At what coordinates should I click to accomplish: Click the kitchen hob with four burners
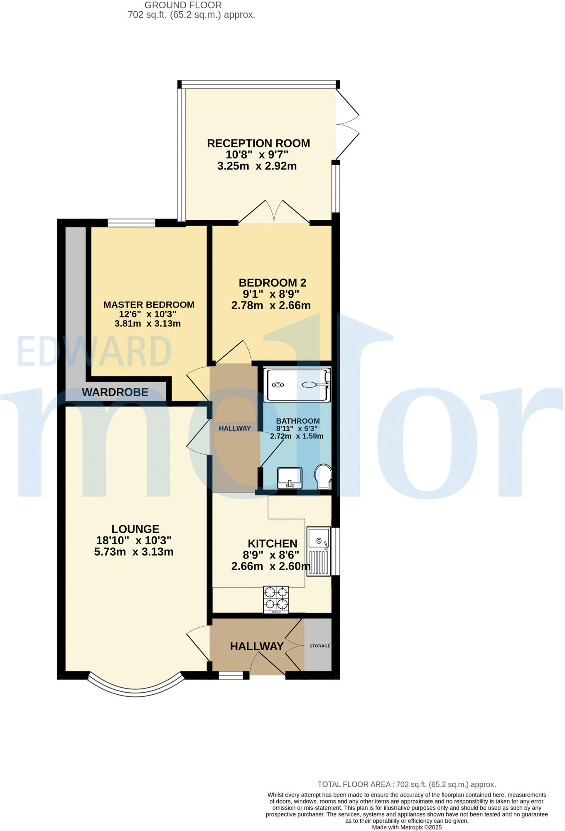coord(276,599)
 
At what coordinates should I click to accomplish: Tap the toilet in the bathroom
coord(323,477)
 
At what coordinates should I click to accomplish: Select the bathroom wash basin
coord(290,478)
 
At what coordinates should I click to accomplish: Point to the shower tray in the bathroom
coord(297,385)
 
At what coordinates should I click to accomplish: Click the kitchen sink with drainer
coord(319,551)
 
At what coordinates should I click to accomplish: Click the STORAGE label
coord(320,646)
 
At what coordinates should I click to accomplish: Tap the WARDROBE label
coord(115,392)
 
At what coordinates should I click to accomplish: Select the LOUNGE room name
coord(135,529)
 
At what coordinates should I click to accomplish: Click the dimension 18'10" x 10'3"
coord(134,541)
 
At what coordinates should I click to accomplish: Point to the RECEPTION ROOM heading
coord(258,143)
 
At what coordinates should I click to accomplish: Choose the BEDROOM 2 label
coord(272,283)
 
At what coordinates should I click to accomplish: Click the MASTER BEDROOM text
coord(149,305)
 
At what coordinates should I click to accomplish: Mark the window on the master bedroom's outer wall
coord(131,223)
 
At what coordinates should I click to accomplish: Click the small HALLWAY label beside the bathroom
coord(235,428)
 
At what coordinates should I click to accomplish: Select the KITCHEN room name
coord(273,543)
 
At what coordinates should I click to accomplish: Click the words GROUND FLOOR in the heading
coord(183,5)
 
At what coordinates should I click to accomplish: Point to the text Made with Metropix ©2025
coord(407,827)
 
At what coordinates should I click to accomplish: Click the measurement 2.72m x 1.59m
coord(297,436)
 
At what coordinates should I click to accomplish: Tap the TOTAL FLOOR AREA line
coord(407,784)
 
